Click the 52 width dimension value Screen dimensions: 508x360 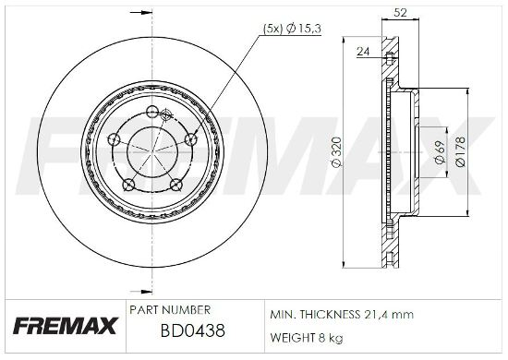coord(400,13)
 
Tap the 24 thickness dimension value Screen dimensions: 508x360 coord(363,52)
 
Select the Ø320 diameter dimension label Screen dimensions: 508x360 coord(337,151)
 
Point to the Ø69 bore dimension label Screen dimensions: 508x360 coord(440,152)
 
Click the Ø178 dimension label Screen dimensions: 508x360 coord(460,151)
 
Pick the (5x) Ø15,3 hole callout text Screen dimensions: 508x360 coord(292,29)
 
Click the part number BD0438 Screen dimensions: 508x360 coord(193,331)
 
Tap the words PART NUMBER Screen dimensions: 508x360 coord(170,310)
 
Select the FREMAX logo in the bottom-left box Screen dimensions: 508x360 coord(65,326)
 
